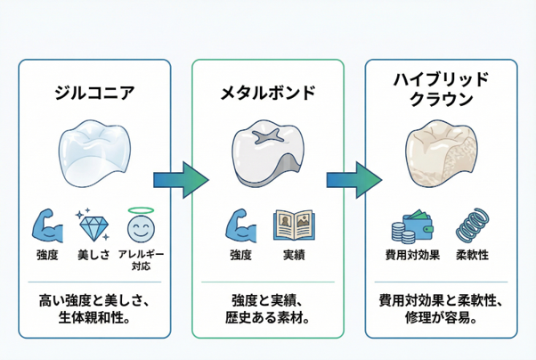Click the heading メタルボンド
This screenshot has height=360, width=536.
tap(268, 93)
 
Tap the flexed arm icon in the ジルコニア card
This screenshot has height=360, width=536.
tap(47, 226)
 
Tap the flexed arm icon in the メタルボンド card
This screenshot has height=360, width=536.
tap(240, 226)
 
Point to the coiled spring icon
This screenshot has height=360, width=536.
tap(471, 226)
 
